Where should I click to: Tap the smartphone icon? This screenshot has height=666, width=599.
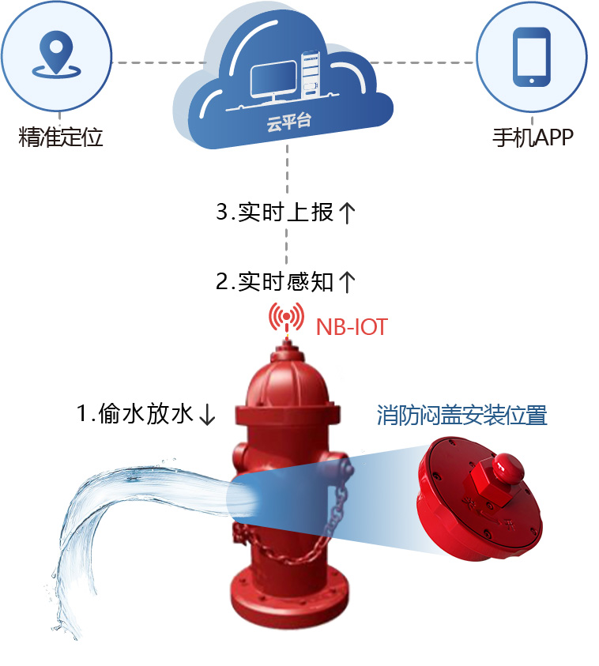[x=531, y=57]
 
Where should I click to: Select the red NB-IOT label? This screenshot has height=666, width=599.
[x=352, y=326]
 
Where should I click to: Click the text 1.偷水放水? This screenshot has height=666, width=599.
[x=135, y=413]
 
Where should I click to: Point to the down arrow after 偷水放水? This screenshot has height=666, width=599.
[x=207, y=415]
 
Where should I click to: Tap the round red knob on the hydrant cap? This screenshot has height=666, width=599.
[x=506, y=467]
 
